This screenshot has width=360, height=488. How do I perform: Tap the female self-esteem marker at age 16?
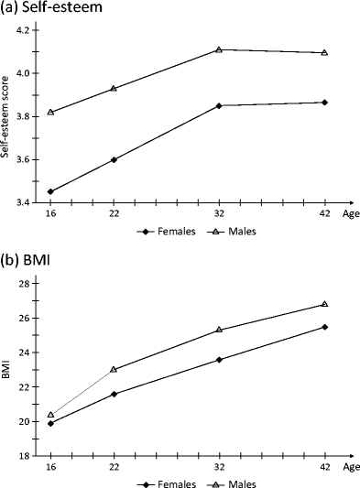(x=50, y=192)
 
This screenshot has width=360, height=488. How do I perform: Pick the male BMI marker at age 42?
(x=325, y=304)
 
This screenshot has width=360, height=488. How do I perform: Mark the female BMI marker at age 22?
(x=113, y=394)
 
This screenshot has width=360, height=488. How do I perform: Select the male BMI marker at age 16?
(x=50, y=415)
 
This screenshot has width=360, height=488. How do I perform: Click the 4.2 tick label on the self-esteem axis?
(x=23, y=30)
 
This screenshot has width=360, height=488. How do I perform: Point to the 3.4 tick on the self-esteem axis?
(x=23, y=202)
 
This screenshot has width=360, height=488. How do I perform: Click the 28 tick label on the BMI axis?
(x=27, y=283)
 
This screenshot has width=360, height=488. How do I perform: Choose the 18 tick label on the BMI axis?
(x=27, y=456)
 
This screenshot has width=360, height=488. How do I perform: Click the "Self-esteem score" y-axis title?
(x=8, y=116)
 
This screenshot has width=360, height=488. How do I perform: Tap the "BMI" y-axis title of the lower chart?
(x=8, y=369)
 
